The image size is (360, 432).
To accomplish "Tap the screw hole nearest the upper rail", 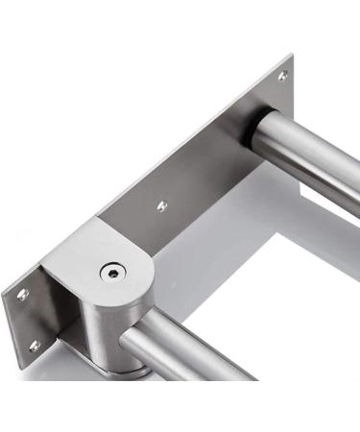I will pos(282,75).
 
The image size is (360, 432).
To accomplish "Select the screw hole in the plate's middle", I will pos(161,205).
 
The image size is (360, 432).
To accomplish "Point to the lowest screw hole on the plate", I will pos(35,345).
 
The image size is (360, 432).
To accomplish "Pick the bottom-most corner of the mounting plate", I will pos(38,359).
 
